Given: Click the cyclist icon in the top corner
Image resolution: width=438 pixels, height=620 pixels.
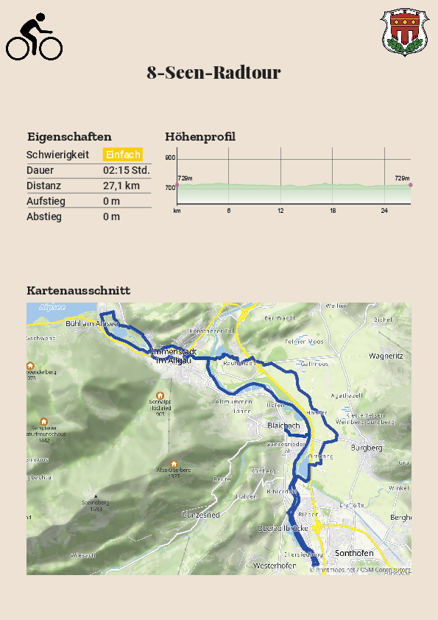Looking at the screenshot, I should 34,37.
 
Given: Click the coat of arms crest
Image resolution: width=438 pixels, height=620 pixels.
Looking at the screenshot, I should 402,32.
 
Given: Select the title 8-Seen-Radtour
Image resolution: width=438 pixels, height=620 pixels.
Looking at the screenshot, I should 213,73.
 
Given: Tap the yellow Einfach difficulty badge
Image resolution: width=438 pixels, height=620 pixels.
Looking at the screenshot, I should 122,155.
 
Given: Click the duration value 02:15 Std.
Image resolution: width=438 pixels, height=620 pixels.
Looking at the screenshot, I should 127,170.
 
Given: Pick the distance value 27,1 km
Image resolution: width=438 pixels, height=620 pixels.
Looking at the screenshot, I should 121,186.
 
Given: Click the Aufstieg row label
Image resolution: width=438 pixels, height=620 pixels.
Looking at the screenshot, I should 46,201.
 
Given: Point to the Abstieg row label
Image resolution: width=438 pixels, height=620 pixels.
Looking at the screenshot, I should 44,216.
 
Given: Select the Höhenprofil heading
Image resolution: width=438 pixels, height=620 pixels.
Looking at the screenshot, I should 200,136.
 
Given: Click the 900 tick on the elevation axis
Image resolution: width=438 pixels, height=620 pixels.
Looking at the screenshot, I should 170,158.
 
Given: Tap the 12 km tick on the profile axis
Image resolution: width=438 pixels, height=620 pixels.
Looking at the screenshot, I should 280,211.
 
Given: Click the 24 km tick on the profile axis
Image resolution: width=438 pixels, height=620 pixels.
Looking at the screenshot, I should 384,211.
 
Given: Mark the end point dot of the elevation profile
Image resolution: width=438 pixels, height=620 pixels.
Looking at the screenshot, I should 411,185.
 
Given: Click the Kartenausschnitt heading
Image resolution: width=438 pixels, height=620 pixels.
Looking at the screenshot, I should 78,290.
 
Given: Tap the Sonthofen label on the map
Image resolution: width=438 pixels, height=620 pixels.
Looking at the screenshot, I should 354,553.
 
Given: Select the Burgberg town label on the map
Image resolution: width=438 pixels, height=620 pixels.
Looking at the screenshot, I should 367,448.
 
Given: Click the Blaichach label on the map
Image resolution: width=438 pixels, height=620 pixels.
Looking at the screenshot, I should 283,426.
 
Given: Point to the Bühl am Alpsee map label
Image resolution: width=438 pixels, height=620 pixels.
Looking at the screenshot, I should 91,323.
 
